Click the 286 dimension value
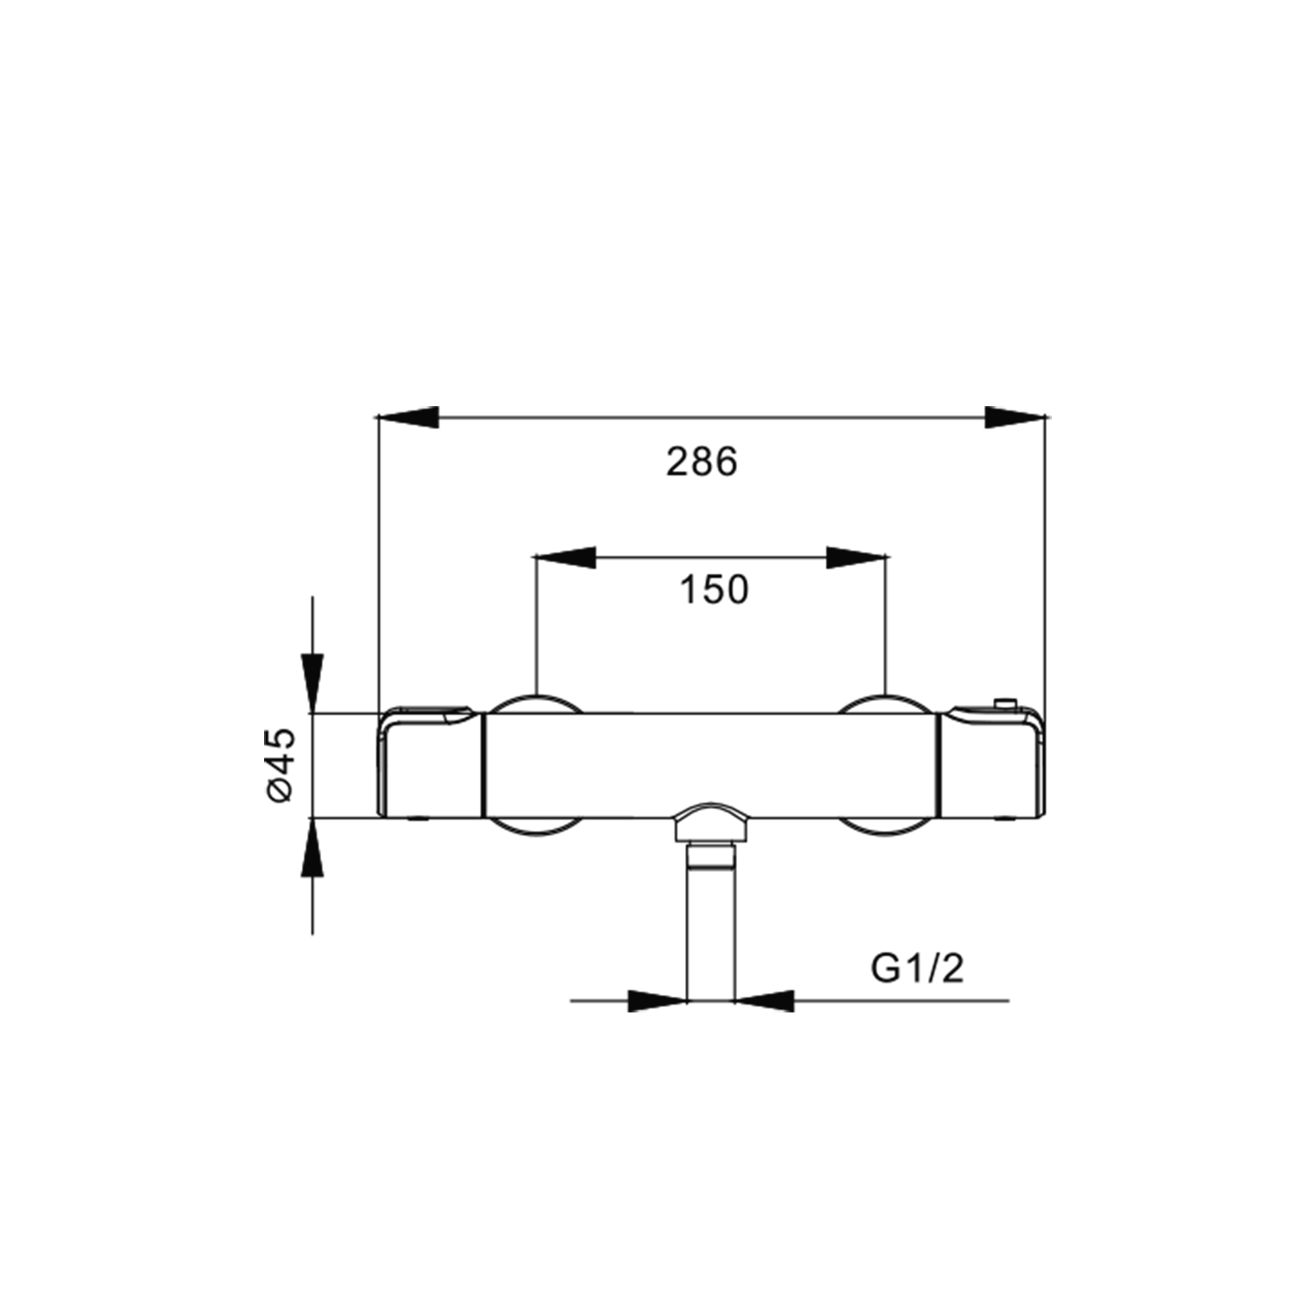pos(702,461)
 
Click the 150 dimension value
pos(714,590)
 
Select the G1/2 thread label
pos(918,969)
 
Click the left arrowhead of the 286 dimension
pos(407,418)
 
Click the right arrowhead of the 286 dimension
pos(1015,418)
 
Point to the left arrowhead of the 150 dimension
pos(565,557)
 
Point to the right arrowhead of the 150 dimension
pos(857,557)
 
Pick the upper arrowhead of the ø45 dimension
pos(312,683)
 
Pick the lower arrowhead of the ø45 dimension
pos(312,848)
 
